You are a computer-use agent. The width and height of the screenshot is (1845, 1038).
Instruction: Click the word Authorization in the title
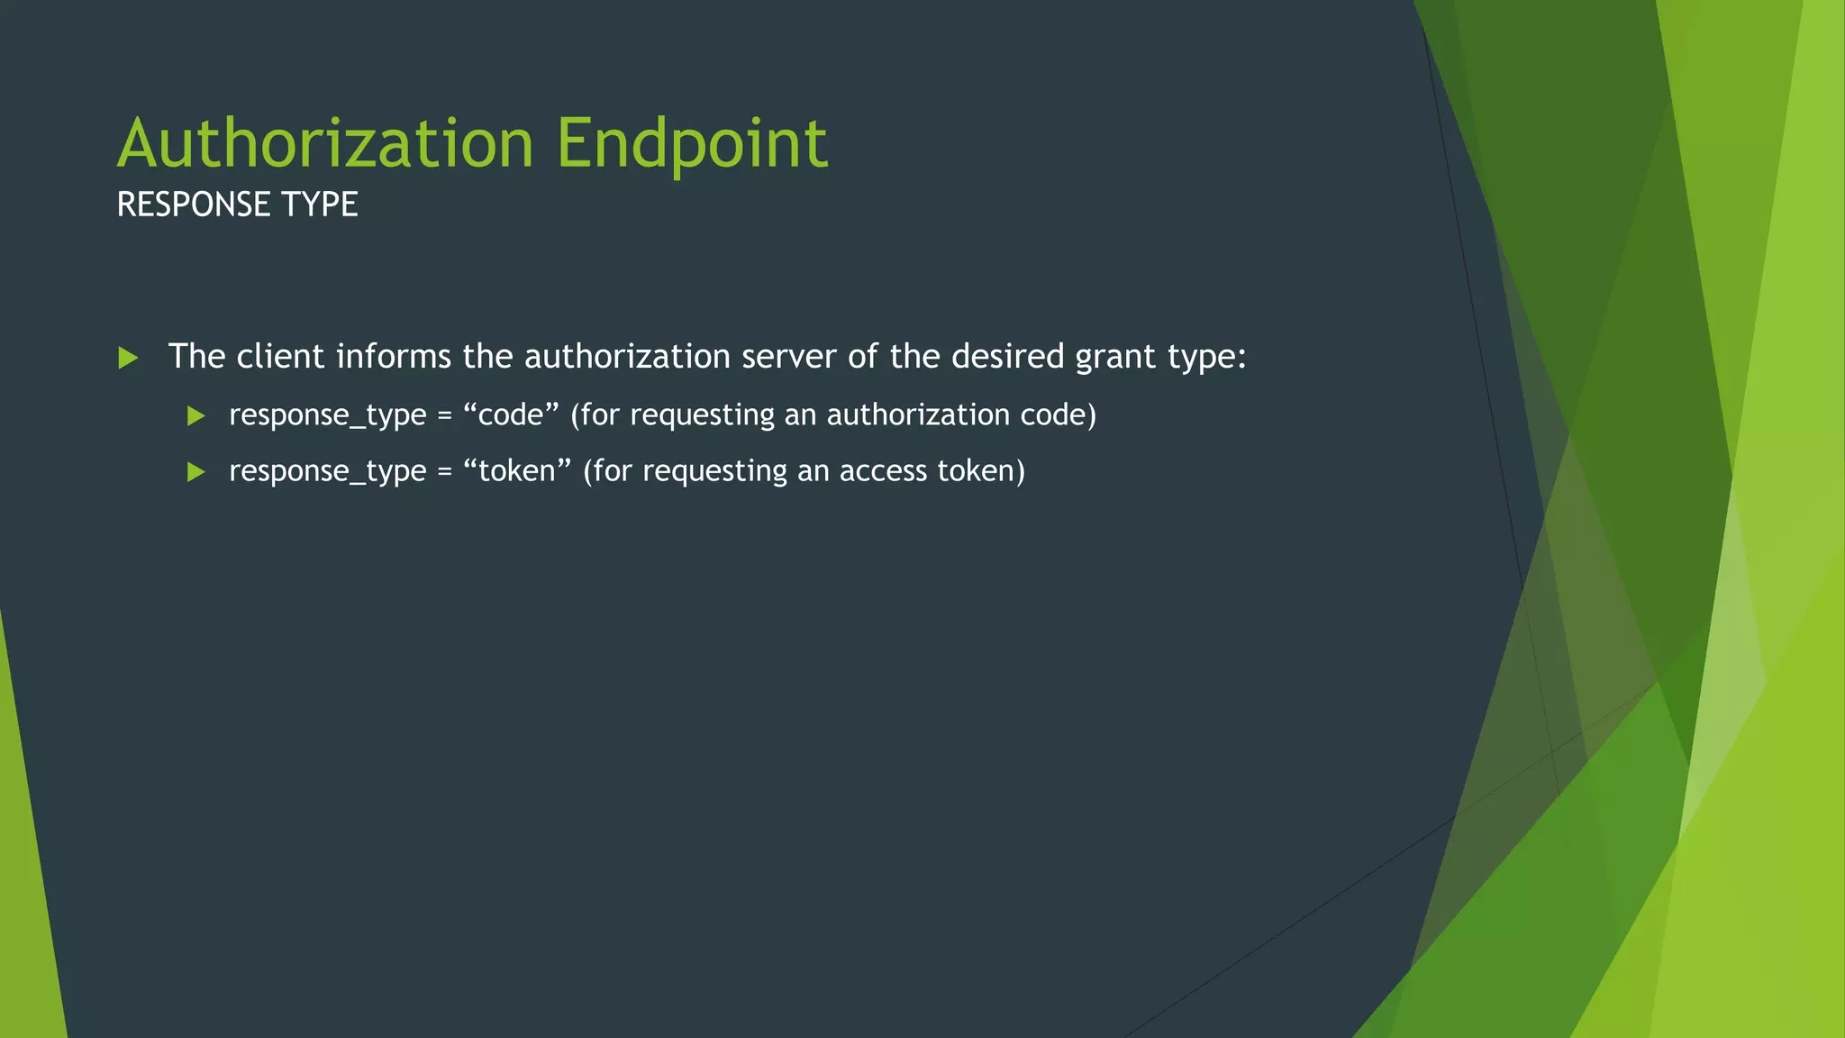326,143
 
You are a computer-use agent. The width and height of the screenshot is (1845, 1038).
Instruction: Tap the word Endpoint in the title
692,143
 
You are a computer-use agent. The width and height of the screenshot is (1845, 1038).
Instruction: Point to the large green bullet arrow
128,358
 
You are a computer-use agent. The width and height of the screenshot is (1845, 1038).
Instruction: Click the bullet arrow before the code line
195,415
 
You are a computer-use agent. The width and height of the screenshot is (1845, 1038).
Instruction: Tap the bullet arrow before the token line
195,471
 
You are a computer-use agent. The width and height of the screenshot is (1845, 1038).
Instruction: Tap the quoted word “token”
517,470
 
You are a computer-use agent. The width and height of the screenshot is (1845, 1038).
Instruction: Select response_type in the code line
328,415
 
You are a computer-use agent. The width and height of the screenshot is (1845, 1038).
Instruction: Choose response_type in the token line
328,471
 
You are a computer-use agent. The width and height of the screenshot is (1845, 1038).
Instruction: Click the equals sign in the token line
444,471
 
